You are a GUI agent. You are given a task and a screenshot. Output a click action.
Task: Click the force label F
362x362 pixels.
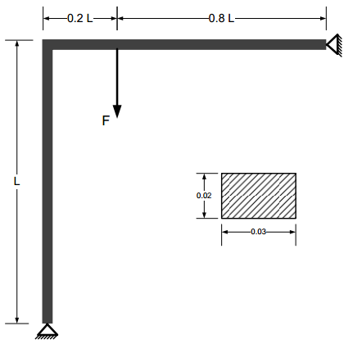[106, 120]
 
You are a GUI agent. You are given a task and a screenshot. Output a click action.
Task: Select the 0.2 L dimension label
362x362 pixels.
[80, 17]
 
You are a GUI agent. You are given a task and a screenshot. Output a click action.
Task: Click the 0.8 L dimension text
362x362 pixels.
[221, 17]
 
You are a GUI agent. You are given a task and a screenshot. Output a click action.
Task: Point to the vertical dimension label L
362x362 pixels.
[16, 181]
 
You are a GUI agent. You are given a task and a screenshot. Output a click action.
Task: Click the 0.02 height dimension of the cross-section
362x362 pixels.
[204, 196]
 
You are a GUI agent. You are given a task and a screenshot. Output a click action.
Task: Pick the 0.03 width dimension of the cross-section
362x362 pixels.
[258, 232]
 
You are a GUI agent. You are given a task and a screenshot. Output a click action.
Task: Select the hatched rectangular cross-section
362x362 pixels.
[259, 196]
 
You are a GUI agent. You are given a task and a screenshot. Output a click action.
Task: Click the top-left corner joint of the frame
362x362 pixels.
[47, 44]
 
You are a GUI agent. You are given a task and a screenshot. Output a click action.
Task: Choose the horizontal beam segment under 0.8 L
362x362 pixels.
[221, 44]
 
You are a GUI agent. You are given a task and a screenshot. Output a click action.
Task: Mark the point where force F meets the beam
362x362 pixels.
[117, 48]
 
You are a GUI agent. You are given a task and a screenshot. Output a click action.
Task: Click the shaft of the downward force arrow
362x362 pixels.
[117, 78]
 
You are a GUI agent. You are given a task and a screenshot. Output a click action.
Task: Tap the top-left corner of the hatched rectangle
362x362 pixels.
[222, 173]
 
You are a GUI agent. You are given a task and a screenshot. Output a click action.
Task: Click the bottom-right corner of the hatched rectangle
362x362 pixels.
[296, 219]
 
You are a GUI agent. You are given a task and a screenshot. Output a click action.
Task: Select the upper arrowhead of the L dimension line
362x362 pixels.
[16, 43]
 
